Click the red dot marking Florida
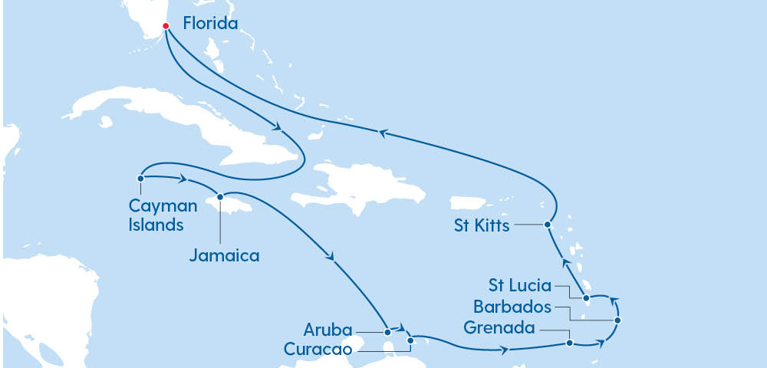tap(166, 26)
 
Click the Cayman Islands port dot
tap(141, 179)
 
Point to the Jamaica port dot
tap(220, 196)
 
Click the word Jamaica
tap(224, 256)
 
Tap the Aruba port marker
tap(388, 333)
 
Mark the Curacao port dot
tap(410, 340)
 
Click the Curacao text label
tap(318, 349)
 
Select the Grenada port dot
tap(569, 343)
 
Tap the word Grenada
tap(499, 328)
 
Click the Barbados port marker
tap(617, 320)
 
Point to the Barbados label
tap(512, 307)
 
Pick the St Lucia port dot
tap(586, 297)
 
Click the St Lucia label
tap(520, 286)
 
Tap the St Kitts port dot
tap(547, 225)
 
